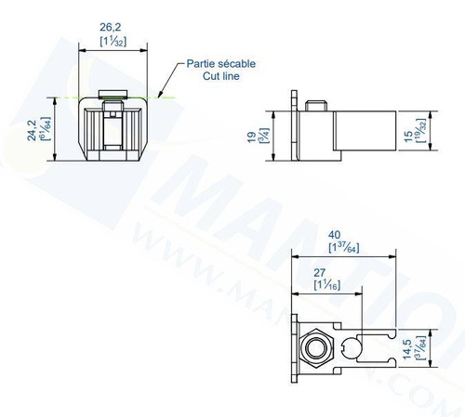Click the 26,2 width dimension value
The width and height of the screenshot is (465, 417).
coord(113,29)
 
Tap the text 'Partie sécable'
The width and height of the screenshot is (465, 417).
coord(221,63)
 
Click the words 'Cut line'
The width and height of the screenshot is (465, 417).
coord(221,75)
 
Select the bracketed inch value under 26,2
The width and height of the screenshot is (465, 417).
coord(113,43)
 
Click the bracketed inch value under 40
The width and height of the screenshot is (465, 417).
coord(344,248)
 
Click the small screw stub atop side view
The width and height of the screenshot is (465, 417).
coord(316,103)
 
